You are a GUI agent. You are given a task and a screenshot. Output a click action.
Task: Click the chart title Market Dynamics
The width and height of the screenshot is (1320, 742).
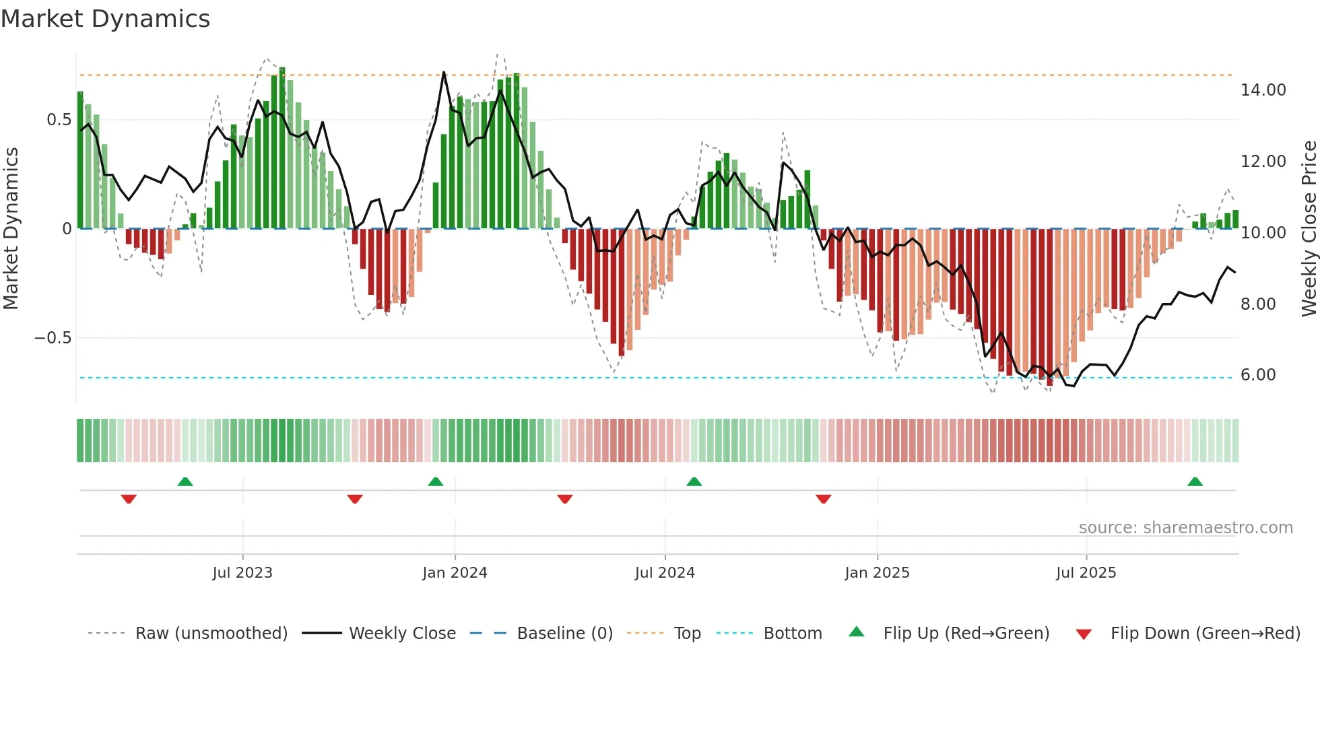[x=105, y=19]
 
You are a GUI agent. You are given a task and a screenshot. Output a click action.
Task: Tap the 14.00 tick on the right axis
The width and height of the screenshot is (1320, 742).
[x=1263, y=90]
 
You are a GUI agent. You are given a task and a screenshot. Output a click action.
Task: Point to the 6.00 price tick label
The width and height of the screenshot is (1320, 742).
[x=1257, y=375]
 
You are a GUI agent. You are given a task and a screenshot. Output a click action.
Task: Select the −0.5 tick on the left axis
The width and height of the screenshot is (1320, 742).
[x=53, y=338]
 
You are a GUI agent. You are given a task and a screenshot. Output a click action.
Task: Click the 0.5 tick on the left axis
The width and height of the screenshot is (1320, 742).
[x=59, y=120]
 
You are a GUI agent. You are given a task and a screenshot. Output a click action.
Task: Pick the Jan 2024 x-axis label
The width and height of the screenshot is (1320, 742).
[x=455, y=573]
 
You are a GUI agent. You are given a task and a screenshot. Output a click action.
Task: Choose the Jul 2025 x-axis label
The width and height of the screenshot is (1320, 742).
[x=1086, y=573]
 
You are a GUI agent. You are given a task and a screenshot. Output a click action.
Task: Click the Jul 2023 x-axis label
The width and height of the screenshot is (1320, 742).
[x=242, y=573]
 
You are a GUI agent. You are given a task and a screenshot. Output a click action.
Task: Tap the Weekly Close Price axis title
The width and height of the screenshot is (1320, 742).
[x=1309, y=228]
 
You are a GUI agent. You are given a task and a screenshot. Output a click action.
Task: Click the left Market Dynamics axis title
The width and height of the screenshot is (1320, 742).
[x=11, y=228]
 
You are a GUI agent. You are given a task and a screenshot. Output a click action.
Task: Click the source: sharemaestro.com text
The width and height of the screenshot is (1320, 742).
[x=1185, y=528]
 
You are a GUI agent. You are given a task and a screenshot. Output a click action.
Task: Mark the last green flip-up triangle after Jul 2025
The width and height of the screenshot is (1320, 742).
[x=1195, y=482]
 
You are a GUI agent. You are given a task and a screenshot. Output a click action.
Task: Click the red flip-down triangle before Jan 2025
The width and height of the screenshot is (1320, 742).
[x=823, y=499]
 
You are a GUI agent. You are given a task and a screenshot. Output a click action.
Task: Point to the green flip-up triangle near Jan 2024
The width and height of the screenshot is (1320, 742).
[x=436, y=482]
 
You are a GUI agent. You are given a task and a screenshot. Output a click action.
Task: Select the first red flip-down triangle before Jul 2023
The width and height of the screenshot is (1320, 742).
[x=129, y=499]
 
